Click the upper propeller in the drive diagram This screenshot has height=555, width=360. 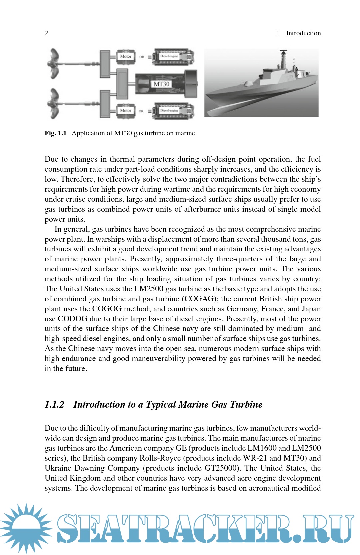(54, 63)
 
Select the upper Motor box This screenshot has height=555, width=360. (126, 56)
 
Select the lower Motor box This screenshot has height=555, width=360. (126, 110)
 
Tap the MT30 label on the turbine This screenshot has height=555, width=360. (161, 84)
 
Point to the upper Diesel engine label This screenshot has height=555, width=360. (169, 56)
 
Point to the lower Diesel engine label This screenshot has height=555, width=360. (169, 110)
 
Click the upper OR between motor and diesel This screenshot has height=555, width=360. (142, 57)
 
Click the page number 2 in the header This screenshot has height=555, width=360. (46, 33)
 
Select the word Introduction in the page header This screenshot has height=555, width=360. (303, 33)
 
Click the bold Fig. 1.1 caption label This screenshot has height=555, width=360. (56, 133)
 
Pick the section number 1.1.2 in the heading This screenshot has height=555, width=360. (54, 404)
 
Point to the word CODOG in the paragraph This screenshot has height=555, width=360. (73, 319)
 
